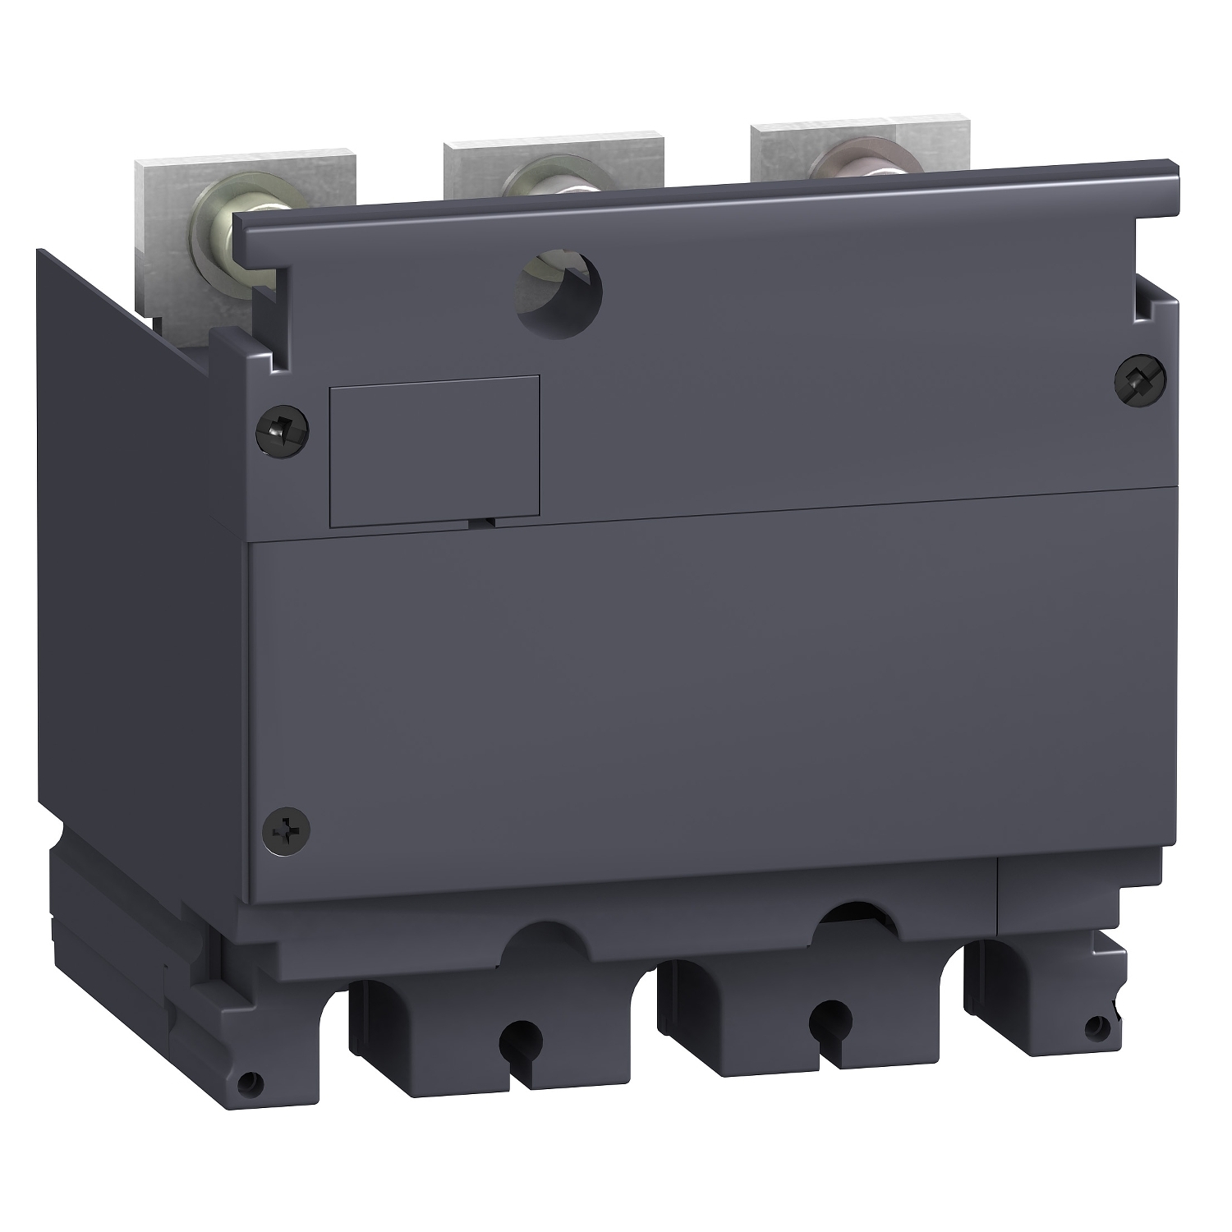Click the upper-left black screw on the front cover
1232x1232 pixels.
point(282,425)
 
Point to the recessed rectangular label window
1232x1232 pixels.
point(434,450)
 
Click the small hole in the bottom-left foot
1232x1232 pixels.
point(246,1084)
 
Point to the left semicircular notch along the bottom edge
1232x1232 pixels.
point(538,936)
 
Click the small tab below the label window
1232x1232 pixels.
point(485,520)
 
